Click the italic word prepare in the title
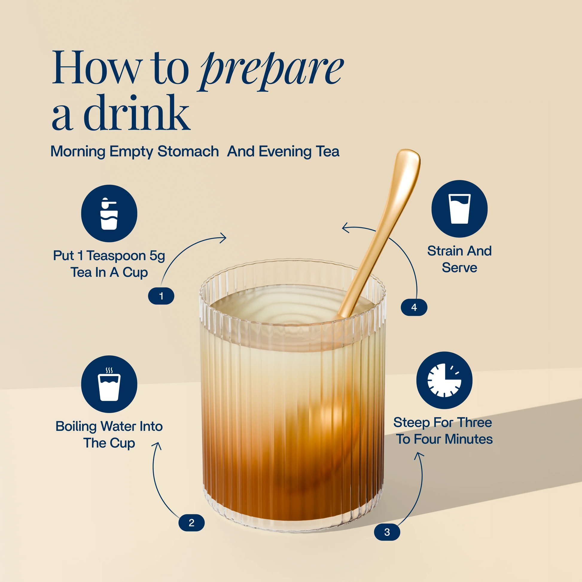[271, 71]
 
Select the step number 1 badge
[161, 296]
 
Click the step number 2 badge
[192, 523]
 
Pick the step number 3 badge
[387, 532]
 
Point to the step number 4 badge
[414, 307]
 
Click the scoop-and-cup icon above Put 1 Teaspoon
[109, 213]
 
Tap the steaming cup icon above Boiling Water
[109, 384]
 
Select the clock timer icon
[444, 380]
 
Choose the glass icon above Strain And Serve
[459, 209]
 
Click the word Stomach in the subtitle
[188, 151]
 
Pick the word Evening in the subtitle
[285, 151]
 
